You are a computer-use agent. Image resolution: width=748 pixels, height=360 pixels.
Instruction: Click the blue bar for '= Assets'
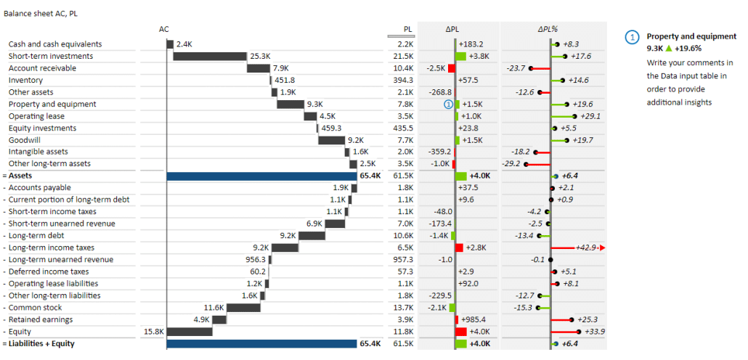point(261,176)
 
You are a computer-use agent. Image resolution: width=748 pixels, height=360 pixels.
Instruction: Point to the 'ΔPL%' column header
point(548,30)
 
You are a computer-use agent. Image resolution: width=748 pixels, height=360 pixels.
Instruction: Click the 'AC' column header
point(164,30)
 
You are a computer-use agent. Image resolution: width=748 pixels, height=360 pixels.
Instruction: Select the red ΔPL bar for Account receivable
point(451,68)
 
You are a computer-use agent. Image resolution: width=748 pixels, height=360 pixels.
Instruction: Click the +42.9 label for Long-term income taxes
point(586,248)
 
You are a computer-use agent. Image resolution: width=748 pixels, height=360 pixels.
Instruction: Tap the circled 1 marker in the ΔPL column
point(449,105)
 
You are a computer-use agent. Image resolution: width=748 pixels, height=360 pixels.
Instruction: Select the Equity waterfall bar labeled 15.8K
point(190,332)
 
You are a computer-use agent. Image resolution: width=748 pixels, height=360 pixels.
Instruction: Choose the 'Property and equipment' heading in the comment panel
point(691,36)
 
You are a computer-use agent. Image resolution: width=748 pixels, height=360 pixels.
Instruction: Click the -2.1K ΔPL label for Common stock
point(436,308)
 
